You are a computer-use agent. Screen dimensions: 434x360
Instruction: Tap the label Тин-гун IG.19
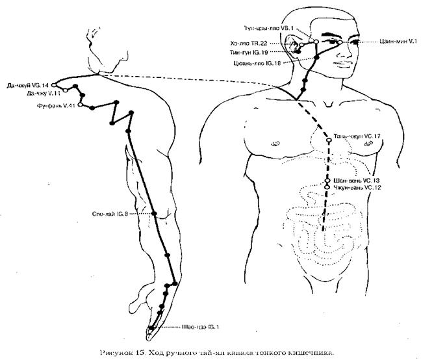coord(266,52)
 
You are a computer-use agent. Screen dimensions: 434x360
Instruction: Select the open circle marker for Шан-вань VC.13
coord(329,180)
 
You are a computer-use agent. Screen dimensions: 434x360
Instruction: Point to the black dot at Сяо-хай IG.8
coord(155,214)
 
